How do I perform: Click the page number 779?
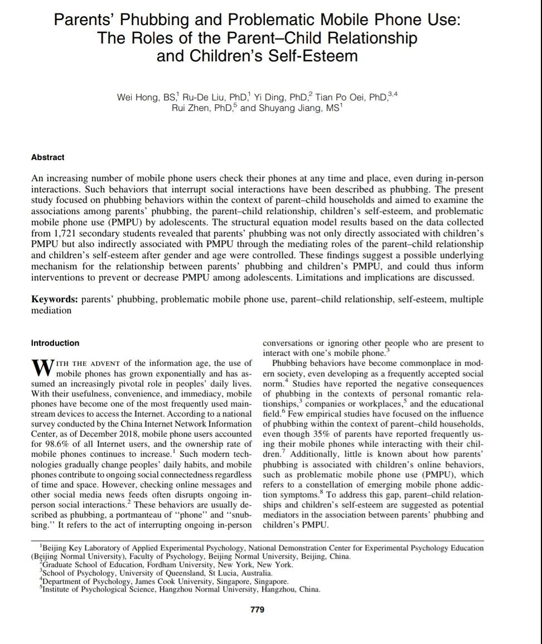coord(257,609)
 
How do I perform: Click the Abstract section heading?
coord(48,157)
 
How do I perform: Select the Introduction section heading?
coord(55,343)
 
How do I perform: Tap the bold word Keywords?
coord(54,299)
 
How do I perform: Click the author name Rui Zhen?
coord(191,108)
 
